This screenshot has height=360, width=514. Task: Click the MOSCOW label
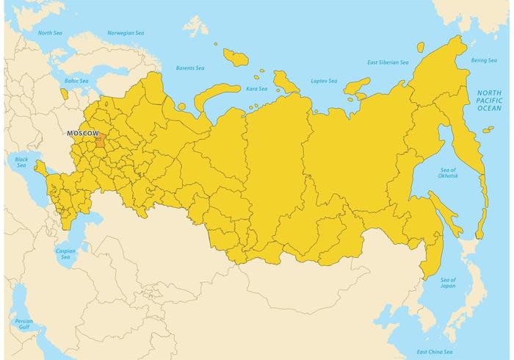click(82, 133)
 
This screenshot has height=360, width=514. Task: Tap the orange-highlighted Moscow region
click(100, 140)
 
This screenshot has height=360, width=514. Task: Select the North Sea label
click(50, 33)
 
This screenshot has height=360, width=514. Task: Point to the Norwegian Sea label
click(126, 33)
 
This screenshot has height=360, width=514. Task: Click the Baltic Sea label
click(76, 81)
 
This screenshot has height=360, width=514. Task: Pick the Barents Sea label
click(190, 68)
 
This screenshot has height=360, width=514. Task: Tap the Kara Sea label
click(256, 88)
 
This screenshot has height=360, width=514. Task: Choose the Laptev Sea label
click(323, 80)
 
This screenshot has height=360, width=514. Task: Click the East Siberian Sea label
click(388, 62)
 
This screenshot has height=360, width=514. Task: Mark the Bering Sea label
click(484, 60)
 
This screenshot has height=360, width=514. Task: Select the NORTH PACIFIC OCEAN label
click(490, 100)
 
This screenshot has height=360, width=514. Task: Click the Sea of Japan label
click(448, 284)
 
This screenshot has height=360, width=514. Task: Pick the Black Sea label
click(21, 162)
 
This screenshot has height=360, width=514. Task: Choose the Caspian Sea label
click(65, 253)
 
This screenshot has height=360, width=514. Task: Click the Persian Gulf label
click(24, 324)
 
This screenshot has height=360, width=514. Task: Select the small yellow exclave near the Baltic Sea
click(65, 95)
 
